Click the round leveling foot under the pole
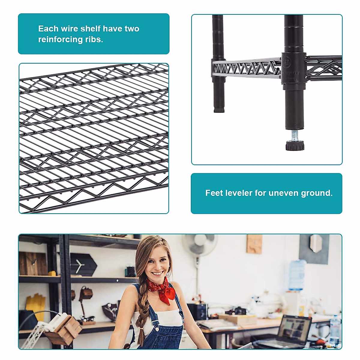(295, 146)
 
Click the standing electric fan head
(200, 244)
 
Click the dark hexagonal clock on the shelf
(83, 265)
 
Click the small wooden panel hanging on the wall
(254, 244)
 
